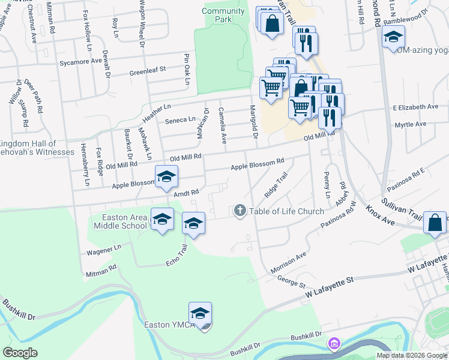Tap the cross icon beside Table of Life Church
(x=240, y=211)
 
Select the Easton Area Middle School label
(x=120, y=221)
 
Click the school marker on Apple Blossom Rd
(x=166, y=176)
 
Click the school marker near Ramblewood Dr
(x=393, y=37)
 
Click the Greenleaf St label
(x=147, y=73)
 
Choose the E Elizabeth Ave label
(x=415, y=107)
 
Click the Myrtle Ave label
(x=409, y=124)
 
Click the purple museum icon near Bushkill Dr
(x=333, y=344)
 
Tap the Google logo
(x=20, y=353)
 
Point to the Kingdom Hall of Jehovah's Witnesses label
(x=29, y=148)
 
